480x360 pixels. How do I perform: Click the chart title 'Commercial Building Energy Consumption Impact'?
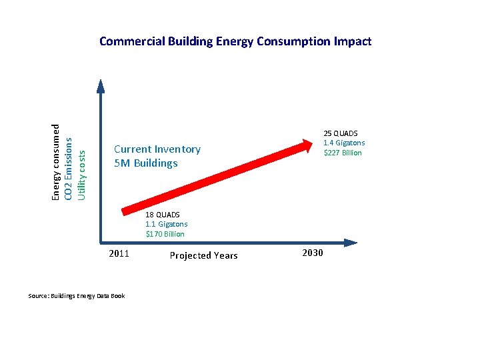pyautogui.click(x=235, y=41)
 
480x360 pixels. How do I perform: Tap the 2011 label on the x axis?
pyautogui.click(x=118, y=253)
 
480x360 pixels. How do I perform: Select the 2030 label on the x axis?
pyautogui.click(x=313, y=253)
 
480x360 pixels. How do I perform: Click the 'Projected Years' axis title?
pyautogui.click(x=203, y=255)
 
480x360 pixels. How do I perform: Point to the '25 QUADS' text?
pyautogui.click(x=340, y=133)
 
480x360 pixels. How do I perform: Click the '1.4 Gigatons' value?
pyautogui.click(x=344, y=143)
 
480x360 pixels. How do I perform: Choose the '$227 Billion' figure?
pyautogui.click(x=343, y=153)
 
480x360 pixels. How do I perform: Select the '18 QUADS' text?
pyautogui.click(x=163, y=215)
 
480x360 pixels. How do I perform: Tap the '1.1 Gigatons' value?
pyautogui.click(x=167, y=224)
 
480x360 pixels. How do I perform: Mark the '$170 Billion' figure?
pyautogui.click(x=165, y=234)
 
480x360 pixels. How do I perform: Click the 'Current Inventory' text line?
pyautogui.click(x=157, y=149)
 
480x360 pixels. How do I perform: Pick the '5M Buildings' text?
pyautogui.click(x=146, y=163)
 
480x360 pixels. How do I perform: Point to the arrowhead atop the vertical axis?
pyautogui.click(x=100, y=85)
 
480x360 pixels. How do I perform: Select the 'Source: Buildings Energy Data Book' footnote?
pyautogui.click(x=76, y=295)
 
